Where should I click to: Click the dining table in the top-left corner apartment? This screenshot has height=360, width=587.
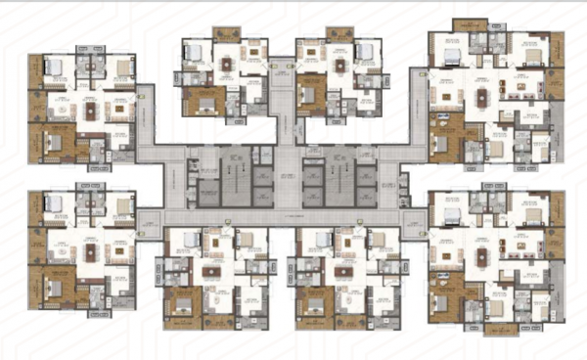click(91, 110)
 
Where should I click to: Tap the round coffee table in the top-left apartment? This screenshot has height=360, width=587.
click(65, 112)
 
